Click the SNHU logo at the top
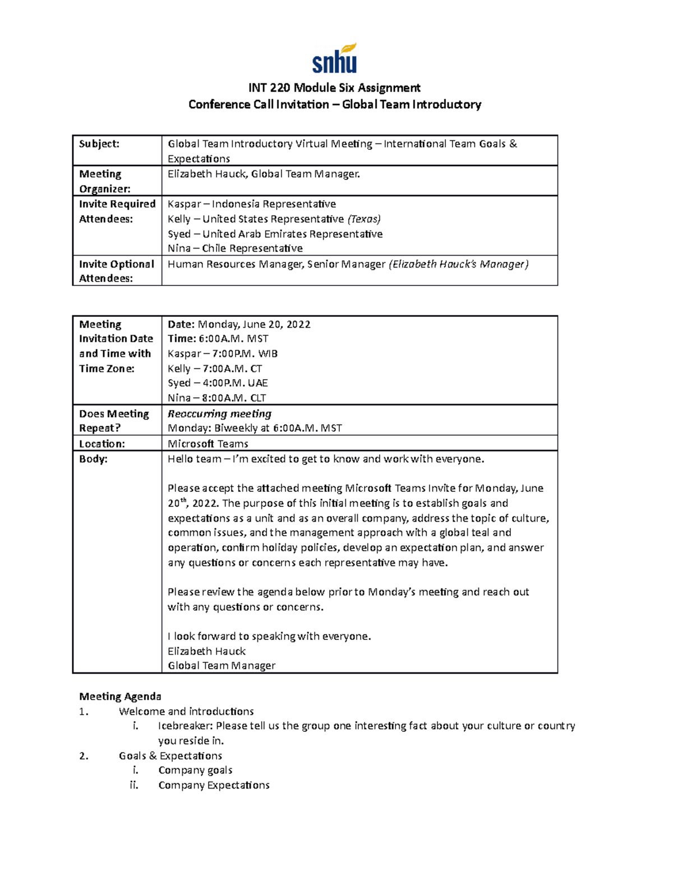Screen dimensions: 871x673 point(335,59)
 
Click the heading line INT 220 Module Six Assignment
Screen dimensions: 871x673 point(334,87)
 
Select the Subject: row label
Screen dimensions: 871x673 point(99,144)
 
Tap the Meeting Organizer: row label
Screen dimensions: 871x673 point(105,181)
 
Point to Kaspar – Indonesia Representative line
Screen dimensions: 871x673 point(252,204)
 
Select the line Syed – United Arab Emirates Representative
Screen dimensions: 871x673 point(275,234)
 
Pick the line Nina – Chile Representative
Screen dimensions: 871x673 point(235,248)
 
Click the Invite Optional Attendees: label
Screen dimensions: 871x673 point(116,271)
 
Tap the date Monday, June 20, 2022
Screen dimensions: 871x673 point(254,324)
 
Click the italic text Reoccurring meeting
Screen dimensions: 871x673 point(219,414)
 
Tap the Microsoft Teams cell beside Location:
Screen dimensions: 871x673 point(208,444)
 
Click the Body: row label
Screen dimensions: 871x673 point(93,459)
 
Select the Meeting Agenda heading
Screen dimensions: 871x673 point(120,697)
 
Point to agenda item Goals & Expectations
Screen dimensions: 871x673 point(170,756)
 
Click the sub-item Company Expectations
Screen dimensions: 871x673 point(214,785)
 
